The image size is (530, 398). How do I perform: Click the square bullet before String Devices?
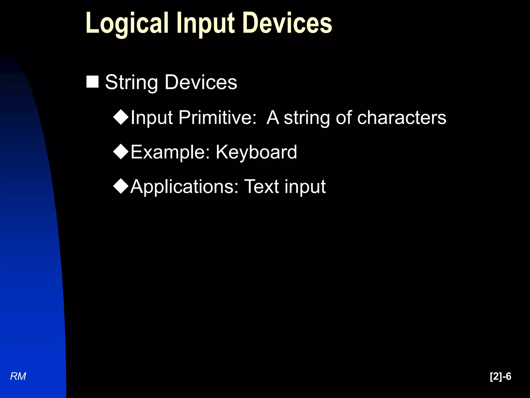[92, 82]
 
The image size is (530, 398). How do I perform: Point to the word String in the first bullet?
[131, 82]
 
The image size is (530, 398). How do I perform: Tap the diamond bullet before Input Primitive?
[121, 117]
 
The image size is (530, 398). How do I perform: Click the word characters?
[402, 118]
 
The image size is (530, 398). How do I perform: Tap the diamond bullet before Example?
[121, 152]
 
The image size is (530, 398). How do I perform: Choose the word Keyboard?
[256, 152]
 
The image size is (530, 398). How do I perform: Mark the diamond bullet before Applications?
[121, 186]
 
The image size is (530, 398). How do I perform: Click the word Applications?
[184, 187]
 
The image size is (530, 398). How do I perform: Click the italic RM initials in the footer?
[18, 376]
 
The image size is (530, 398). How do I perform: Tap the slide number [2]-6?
[500, 376]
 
